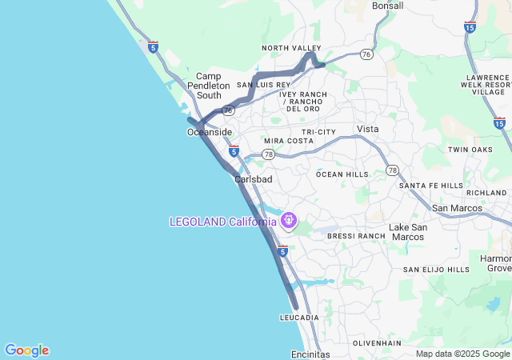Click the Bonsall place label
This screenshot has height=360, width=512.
coord(388,6)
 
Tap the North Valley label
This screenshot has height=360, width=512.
coord(291,49)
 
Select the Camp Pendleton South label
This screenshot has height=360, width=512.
coord(209,86)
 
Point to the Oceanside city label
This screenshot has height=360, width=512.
coord(210,132)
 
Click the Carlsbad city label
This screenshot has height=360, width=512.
coord(254,179)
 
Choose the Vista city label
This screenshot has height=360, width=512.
coord(368,129)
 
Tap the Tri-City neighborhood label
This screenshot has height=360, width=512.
coord(319,132)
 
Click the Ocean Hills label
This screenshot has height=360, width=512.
coord(342,174)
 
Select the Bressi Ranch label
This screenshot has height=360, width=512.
coord(356,237)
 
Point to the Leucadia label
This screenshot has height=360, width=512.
coord(300,318)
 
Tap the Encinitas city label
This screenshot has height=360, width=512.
coord(310,354)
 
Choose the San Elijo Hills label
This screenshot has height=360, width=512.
coord(436,270)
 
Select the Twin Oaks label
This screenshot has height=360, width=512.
coord(470,150)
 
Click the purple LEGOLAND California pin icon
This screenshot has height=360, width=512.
coord(289,218)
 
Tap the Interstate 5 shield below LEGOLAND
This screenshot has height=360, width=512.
coord(282,251)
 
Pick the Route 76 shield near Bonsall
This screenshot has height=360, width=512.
coord(366,54)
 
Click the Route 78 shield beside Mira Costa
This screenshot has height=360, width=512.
coord(268,154)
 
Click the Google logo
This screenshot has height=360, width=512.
coord(26,350)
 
